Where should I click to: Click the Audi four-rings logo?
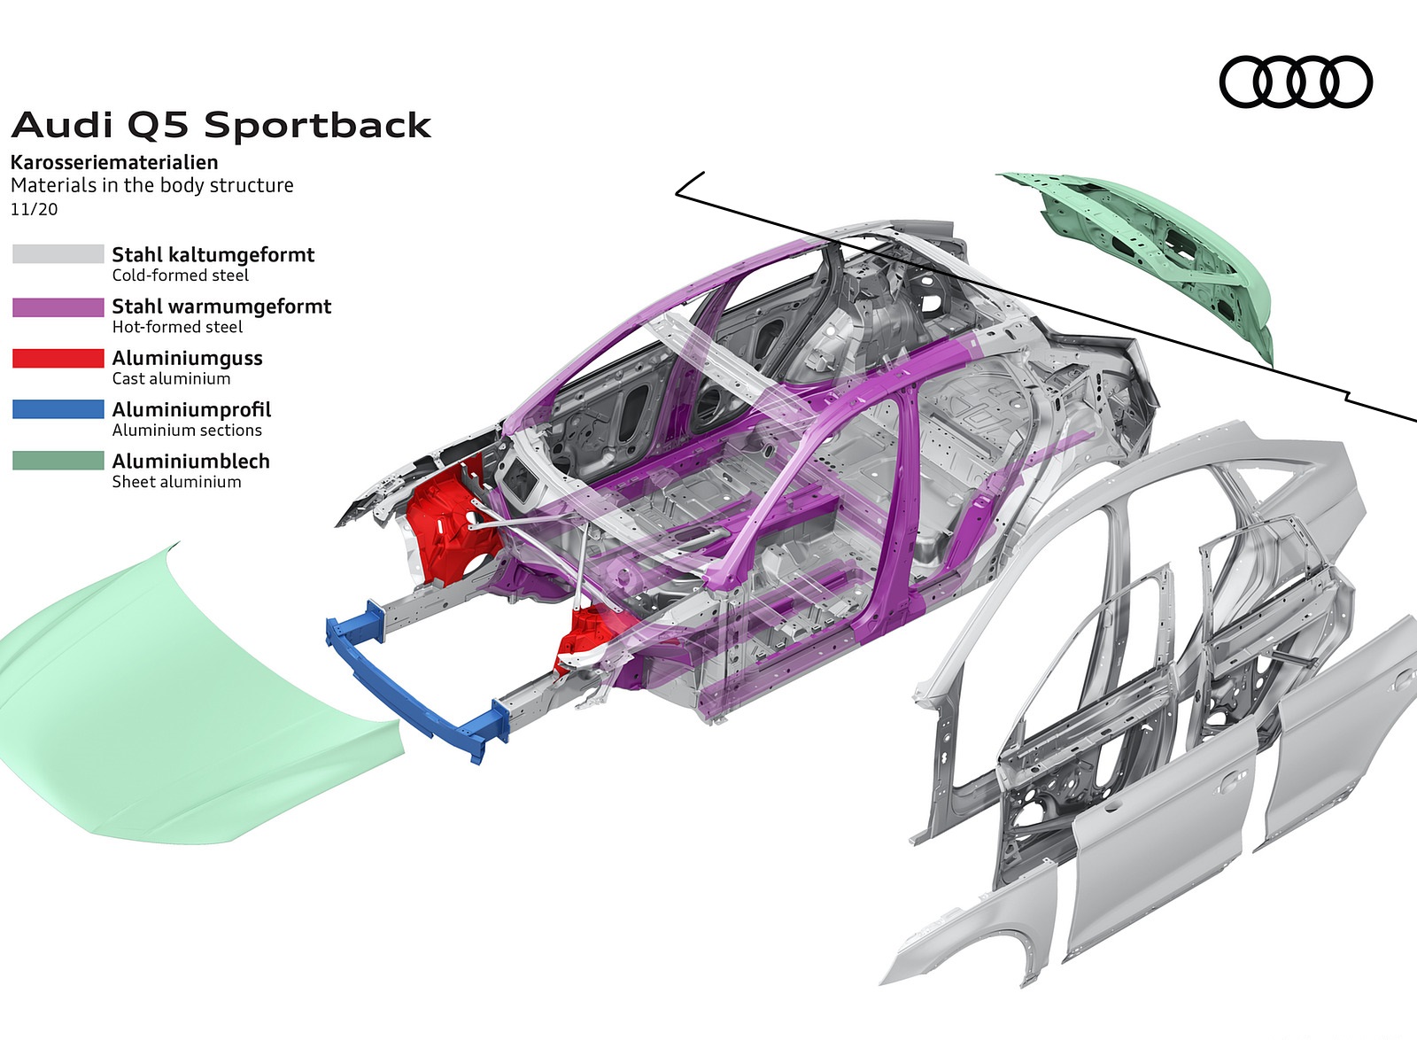click(x=1295, y=82)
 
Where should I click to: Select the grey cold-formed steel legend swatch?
click(x=58, y=254)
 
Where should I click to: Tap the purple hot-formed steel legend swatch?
click(x=58, y=307)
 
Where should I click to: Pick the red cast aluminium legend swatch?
click(x=58, y=358)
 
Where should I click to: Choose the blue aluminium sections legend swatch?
click(x=58, y=409)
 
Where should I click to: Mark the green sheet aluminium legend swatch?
click(x=58, y=461)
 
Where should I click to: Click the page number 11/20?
click(x=34, y=209)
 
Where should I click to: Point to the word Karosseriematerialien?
click(x=114, y=162)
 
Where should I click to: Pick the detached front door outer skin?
click(x=1160, y=850)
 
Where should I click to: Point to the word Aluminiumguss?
click(x=187, y=358)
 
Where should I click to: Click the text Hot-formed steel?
click(x=177, y=327)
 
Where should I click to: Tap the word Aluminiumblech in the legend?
click(x=190, y=461)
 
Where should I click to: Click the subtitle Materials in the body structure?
click(x=151, y=185)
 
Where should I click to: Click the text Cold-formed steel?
click(x=180, y=276)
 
